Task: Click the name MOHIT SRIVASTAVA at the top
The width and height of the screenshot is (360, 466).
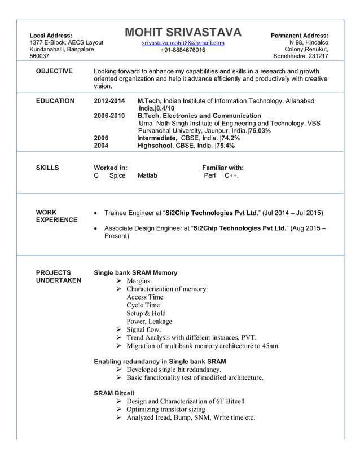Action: click(183, 32)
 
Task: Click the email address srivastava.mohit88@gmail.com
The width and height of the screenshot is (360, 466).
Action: click(183, 43)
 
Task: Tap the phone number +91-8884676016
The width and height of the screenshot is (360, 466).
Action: click(183, 50)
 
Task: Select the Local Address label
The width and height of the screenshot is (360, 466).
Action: click(51, 36)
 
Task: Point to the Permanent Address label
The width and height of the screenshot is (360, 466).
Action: click(300, 36)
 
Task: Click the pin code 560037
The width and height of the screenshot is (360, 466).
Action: click(39, 56)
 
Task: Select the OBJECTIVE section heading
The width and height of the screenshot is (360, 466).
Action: click(54, 71)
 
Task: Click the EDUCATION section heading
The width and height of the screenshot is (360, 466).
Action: click(55, 101)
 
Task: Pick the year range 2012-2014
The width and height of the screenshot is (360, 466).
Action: click(109, 101)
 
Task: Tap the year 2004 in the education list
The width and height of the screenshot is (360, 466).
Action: click(101, 145)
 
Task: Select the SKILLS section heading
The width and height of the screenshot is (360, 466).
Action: click(47, 168)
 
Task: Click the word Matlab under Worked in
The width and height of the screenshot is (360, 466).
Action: click(147, 175)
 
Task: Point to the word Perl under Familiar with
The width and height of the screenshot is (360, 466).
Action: click(210, 175)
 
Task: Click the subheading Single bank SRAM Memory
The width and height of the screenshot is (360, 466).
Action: click(135, 272)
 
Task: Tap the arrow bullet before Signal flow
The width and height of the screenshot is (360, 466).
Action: click(119, 329)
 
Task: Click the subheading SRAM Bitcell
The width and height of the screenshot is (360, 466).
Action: click(114, 393)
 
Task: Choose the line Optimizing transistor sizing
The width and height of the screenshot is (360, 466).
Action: click(166, 410)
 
